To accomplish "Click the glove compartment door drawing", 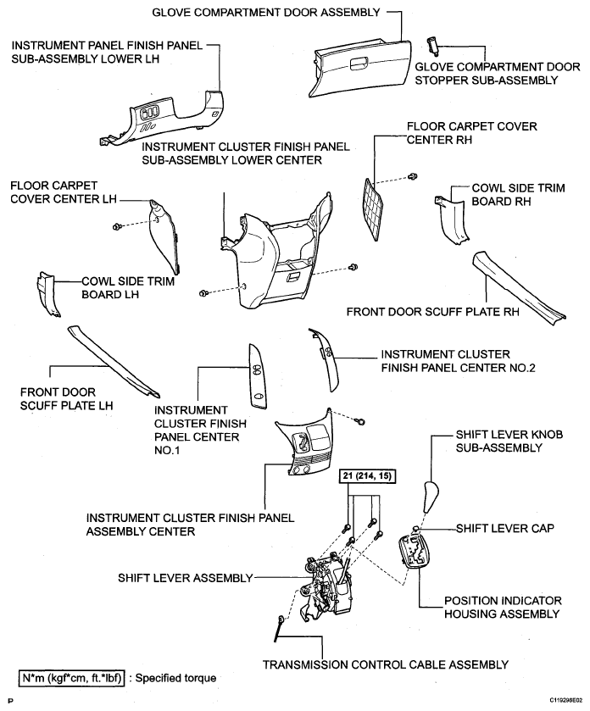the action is coord(360,68).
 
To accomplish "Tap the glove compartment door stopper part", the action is coord(431,45).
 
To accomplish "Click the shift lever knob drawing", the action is coord(430,497).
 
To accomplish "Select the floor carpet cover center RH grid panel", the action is coord(373,209).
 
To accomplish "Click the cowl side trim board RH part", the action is coord(452,218).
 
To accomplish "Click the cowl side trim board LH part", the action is coord(47,294).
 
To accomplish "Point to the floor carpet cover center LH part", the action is coord(164,236).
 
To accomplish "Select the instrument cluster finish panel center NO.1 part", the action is coord(257,376).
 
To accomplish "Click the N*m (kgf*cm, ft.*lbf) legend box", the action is coord(72,678).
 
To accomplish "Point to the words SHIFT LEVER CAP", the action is coord(504,529).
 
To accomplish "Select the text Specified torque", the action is coord(175,678).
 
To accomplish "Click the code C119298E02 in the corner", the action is coord(566,701).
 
